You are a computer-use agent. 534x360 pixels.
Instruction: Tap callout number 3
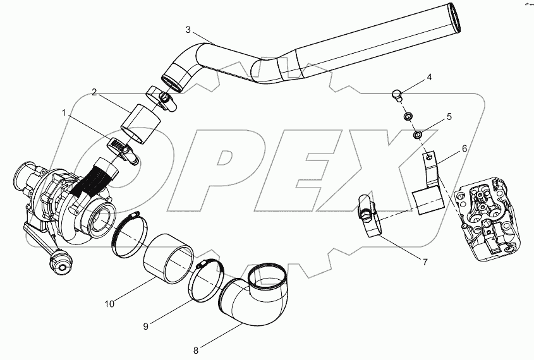point(188,30)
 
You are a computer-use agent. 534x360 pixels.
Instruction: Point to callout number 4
point(429,77)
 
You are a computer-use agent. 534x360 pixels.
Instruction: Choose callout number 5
point(449,116)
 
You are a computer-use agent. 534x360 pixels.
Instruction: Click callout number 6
point(464,148)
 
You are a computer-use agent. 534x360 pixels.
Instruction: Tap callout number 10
point(109,304)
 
